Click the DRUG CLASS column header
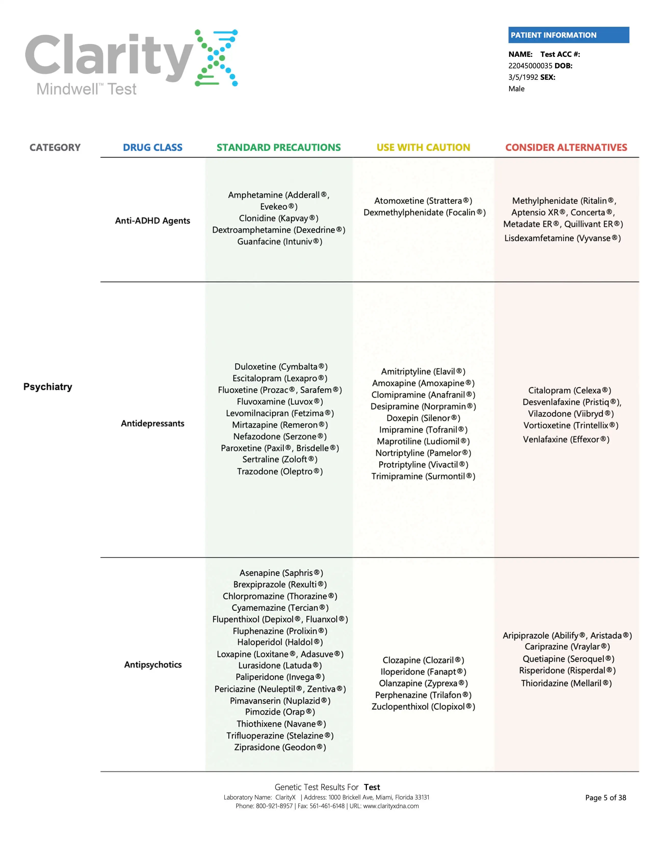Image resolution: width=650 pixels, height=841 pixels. point(152,148)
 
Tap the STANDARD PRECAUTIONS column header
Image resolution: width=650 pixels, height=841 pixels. point(278,148)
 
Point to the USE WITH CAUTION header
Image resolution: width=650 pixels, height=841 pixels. point(423,148)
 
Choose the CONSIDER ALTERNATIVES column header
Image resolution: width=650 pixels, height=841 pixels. point(566,148)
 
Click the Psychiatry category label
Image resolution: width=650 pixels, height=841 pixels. point(48,387)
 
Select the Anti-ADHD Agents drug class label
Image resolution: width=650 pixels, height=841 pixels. point(152,221)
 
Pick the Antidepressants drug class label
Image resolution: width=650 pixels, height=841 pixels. point(152,424)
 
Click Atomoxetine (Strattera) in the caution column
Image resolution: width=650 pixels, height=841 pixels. point(423,201)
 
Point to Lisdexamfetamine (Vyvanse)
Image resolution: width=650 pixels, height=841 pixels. point(562,238)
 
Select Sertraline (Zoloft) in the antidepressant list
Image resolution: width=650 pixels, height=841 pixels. point(280,459)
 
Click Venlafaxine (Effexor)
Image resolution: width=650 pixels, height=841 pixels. point(566,439)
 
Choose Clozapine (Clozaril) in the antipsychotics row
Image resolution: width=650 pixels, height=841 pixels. point(423,660)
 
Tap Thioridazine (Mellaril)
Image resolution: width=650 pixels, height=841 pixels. point(566,683)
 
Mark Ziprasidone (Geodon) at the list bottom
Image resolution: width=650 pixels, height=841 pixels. point(280,747)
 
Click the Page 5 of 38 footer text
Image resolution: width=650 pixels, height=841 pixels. point(605,797)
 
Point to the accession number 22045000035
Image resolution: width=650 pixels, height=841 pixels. point(530,66)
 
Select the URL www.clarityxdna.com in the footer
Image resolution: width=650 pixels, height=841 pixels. point(391,806)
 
